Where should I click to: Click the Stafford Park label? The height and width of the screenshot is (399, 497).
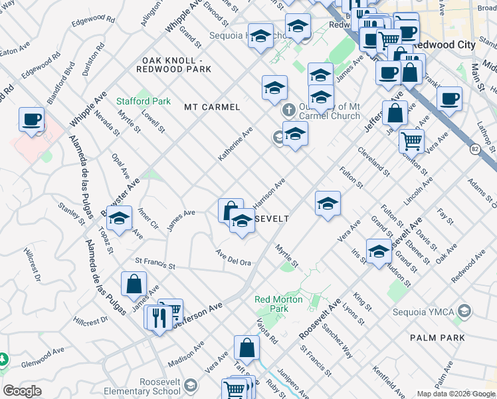[x=144, y=101]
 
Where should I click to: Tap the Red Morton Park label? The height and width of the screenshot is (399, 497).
[x=279, y=304]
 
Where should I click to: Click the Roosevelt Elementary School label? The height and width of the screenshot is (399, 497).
[x=160, y=386]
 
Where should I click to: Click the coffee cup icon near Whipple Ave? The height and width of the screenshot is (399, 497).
[x=32, y=120]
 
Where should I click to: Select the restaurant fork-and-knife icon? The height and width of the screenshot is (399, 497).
[x=158, y=317]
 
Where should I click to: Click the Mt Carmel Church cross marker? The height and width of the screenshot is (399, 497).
[x=288, y=109]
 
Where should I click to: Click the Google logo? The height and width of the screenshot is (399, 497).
[x=22, y=391]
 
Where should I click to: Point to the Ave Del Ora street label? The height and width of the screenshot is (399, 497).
[x=233, y=257]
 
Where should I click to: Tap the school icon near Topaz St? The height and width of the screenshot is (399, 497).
[x=120, y=219]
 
